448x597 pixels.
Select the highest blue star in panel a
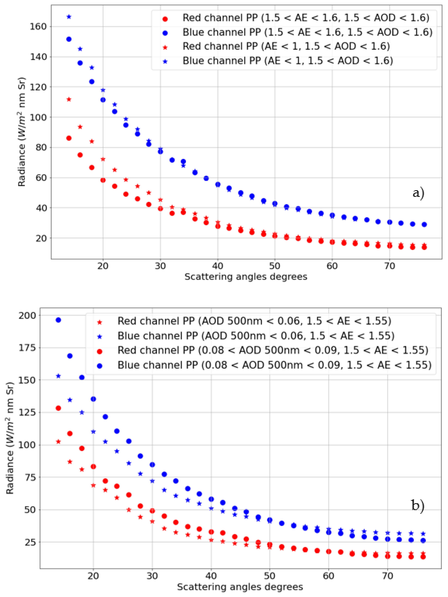pyautogui.click(x=69, y=17)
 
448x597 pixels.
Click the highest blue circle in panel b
pyautogui.click(x=58, y=320)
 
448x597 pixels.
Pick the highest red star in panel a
pyautogui.click(x=69, y=99)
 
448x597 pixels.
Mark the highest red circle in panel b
pyautogui.click(x=58, y=408)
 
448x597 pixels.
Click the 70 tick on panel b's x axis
pyautogui.click(x=388, y=576)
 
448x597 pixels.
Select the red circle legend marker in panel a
pyautogui.click(x=165, y=19)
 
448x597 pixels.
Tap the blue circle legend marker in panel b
pyautogui.click(x=100, y=366)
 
